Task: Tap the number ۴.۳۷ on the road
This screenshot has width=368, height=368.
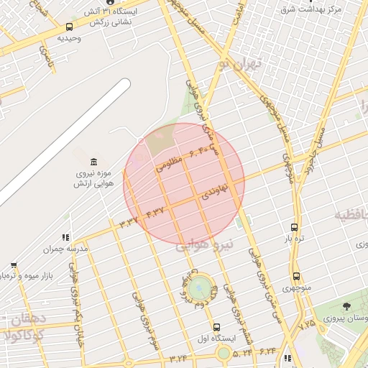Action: click(x=155, y=211)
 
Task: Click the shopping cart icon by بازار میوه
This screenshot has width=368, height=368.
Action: click(x=13, y=265)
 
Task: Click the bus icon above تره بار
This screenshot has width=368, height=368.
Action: click(x=294, y=226)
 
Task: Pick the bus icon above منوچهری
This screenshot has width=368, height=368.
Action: click(x=296, y=276)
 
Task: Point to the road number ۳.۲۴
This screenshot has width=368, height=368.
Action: click(x=178, y=358)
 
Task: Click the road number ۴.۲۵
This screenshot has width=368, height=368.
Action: click(x=308, y=325)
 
